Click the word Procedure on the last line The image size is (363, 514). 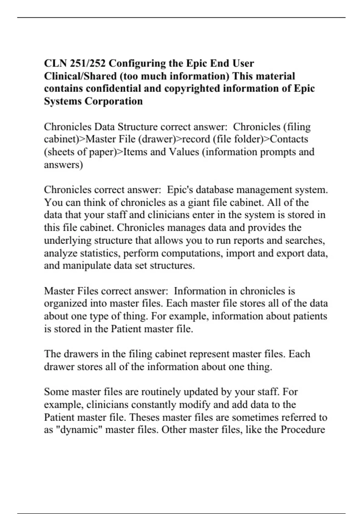[x=303, y=430]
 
